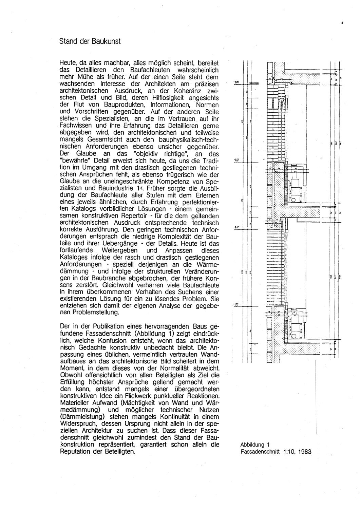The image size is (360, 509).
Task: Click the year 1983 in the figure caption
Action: pos(304,452)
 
